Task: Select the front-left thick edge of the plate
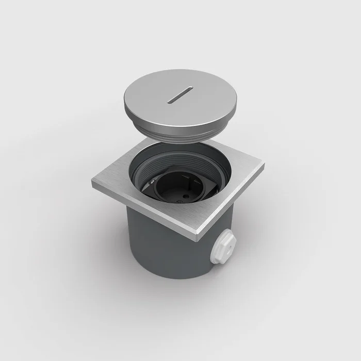[144, 211]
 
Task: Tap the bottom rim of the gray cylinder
[170, 276]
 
